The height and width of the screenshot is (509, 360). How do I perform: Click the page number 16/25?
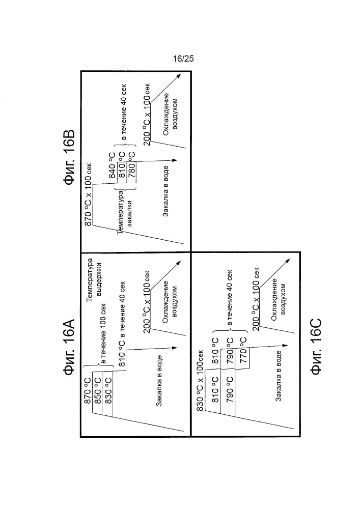pyautogui.click(x=183, y=59)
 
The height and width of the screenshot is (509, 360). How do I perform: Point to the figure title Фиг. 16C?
pyautogui.click(x=316, y=347)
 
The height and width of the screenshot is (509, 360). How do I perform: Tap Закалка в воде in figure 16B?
pyautogui.click(x=165, y=191)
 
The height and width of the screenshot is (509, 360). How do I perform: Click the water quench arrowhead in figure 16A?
pyautogui.click(x=175, y=348)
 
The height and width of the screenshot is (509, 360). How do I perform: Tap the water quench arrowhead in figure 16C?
pyautogui.click(x=285, y=346)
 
